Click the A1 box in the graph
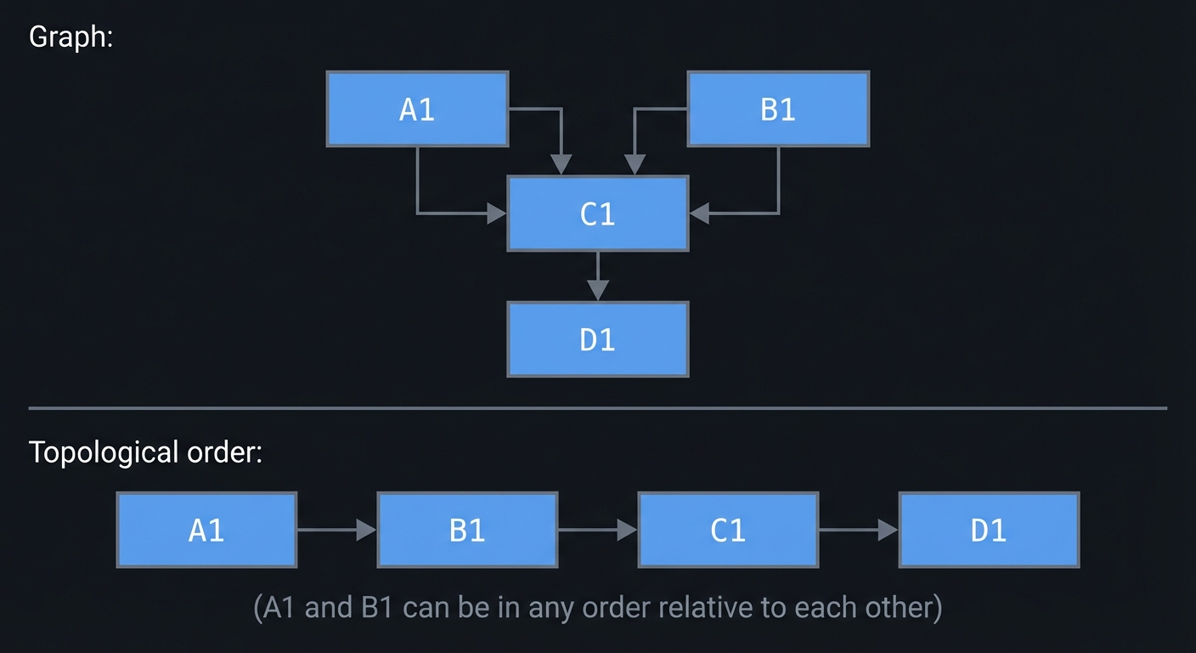[417, 109]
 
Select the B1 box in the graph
[777, 109]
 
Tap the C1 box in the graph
[597, 213]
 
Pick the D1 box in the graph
[597, 339]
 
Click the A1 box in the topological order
[206, 530]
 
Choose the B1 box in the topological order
[467, 530]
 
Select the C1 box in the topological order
[728, 530]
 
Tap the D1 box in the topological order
[989, 530]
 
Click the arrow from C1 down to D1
[598, 275]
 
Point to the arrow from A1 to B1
[336, 530]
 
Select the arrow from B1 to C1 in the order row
[597, 530]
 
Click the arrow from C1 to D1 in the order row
[858, 530]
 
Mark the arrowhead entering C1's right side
[698, 213]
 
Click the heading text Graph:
[71, 37]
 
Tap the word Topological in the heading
[104, 452]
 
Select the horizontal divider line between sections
[597, 408]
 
